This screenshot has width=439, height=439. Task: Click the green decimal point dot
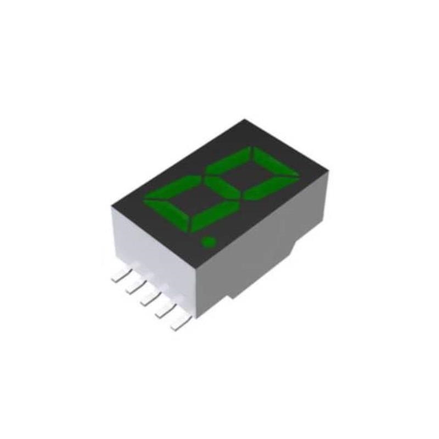click(x=208, y=242)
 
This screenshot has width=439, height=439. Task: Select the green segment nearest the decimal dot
click(x=213, y=216)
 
